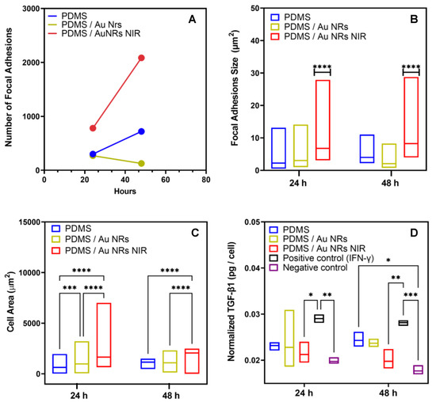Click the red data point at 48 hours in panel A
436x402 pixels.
tap(141, 58)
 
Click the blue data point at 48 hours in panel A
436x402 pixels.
tap(141, 131)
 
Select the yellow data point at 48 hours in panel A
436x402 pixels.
tap(141, 164)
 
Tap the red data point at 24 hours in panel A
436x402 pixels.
tap(93, 128)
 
